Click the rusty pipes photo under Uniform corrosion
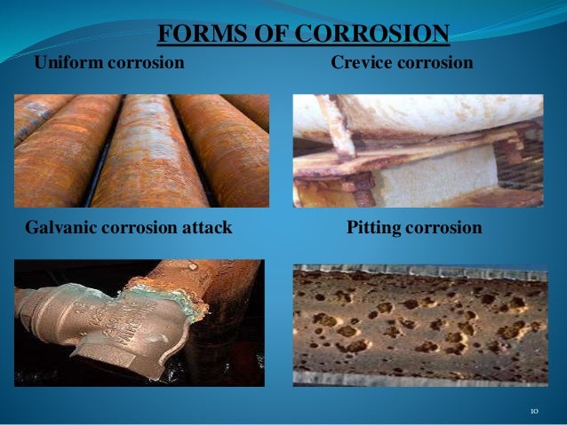(x=141, y=150)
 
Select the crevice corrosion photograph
(x=418, y=150)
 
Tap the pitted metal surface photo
(x=420, y=324)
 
